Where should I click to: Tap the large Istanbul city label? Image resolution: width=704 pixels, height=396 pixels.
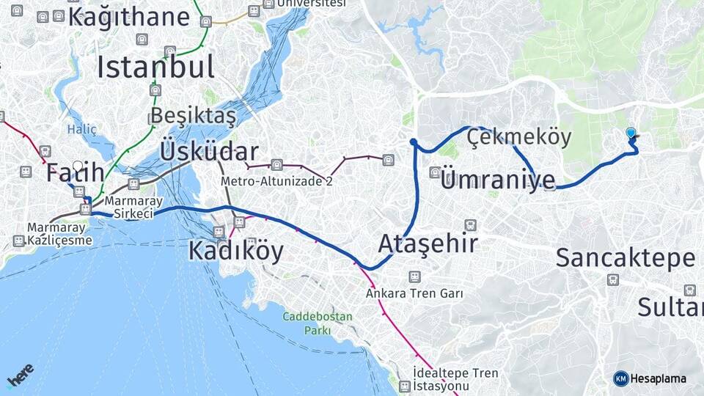pyautogui.click(x=155, y=67)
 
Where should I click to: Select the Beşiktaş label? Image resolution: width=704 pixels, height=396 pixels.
pyautogui.click(x=194, y=116)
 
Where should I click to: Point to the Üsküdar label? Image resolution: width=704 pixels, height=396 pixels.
pyautogui.click(x=208, y=152)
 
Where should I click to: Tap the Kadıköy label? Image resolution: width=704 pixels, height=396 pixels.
pyautogui.click(x=235, y=251)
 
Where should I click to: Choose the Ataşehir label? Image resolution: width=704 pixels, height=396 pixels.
pyautogui.click(x=428, y=243)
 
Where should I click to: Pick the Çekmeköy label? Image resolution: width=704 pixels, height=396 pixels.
pyautogui.click(x=518, y=137)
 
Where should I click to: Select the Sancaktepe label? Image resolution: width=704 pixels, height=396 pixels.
pyautogui.click(x=625, y=258)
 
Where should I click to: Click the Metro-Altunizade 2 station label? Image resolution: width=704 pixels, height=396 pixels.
pyautogui.click(x=277, y=181)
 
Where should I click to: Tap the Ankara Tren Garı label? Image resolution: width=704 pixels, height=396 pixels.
pyautogui.click(x=415, y=293)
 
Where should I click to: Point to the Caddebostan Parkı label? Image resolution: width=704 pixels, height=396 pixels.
pyautogui.click(x=318, y=323)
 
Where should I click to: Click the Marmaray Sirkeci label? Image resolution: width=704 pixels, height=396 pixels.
pyautogui.click(x=129, y=207)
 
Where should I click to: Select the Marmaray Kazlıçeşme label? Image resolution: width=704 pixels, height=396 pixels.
pyautogui.click(x=60, y=233)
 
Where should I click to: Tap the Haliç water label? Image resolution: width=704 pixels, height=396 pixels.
pyautogui.click(x=82, y=129)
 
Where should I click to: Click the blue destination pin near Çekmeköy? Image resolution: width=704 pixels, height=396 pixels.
pyautogui.click(x=631, y=133)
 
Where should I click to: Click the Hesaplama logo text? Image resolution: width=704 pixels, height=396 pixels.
pyautogui.click(x=657, y=378)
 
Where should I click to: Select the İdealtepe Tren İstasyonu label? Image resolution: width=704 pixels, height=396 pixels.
pyautogui.click(x=455, y=379)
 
